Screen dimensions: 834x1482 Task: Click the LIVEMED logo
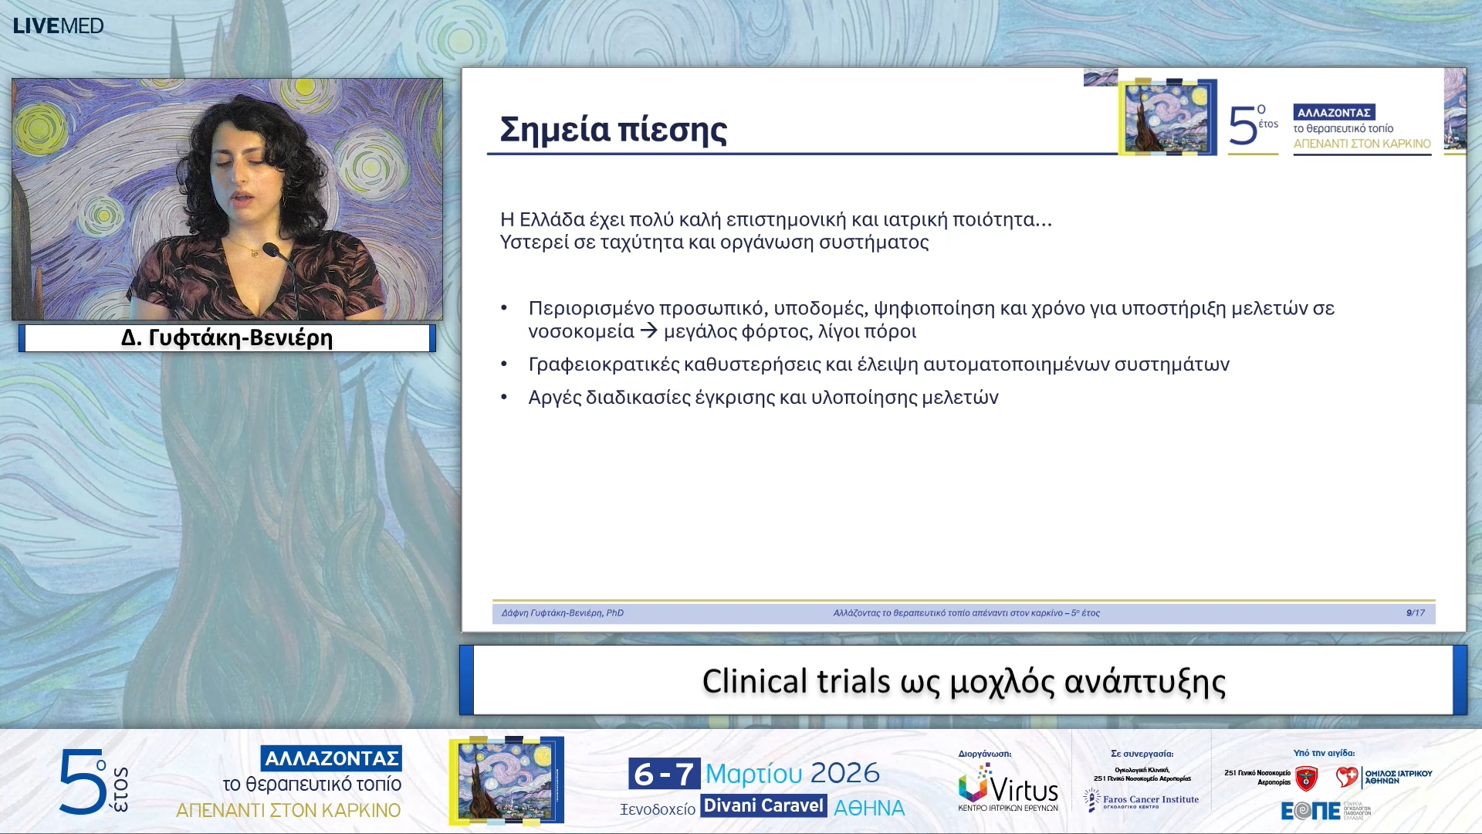pos(58,25)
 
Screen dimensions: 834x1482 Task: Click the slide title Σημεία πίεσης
pos(613,130)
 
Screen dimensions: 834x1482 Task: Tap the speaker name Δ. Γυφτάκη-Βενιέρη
pos(226,338)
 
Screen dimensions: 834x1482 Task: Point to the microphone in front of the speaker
pos(272,250)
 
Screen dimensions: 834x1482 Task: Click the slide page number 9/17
pos(1415,613)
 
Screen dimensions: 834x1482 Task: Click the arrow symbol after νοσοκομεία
pos(648,331)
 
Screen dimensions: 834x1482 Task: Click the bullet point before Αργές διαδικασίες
pos(504,397)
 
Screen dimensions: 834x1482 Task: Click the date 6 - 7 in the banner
pos(663,773)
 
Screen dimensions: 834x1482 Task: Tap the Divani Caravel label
pos(763,806)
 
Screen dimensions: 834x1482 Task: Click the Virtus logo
pos(1008,788)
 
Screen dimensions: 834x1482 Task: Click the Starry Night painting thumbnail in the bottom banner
pos(506,780)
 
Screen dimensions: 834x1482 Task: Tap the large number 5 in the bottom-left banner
pos(83,782)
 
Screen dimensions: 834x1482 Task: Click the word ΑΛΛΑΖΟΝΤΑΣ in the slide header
pos(1333,113)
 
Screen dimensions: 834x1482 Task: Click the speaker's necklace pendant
pos(253,253)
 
